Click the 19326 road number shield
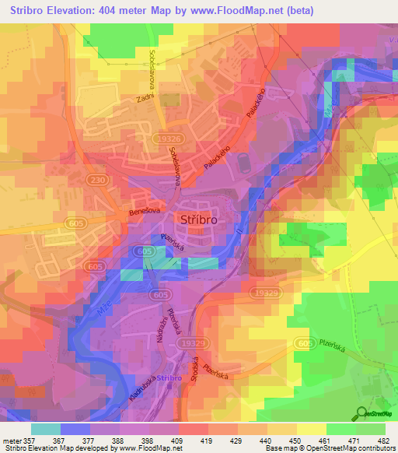click(164, 138)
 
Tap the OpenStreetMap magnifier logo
click(361, 412)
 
